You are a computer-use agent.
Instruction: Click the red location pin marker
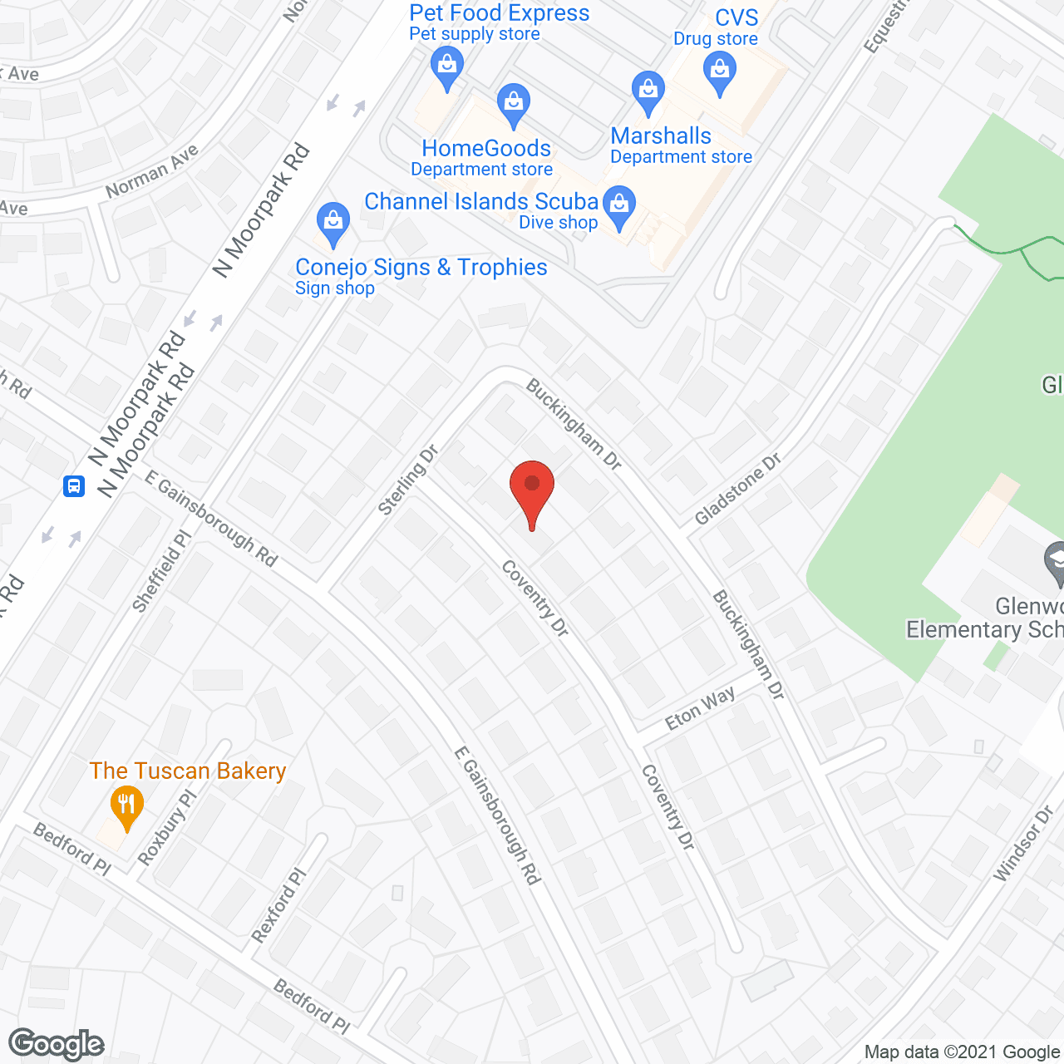click(532, 490)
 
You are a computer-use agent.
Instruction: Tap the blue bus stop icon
click(74, 485)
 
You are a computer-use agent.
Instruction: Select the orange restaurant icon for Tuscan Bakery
click(126, 805)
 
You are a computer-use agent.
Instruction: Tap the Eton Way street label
click(700, 708)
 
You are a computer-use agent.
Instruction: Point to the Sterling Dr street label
click(407, 480)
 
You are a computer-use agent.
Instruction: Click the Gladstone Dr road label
click(738, 489)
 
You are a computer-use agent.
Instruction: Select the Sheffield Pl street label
click(162, 572)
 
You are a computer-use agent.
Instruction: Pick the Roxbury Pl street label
click(167, 827)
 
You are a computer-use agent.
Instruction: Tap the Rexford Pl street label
click(279, 905)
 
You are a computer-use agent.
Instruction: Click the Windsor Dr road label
click(1023, 843)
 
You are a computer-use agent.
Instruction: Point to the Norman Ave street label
click(152, 171)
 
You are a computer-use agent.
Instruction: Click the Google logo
click(57, 1044)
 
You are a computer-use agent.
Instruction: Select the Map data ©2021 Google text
click(963, 1052)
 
